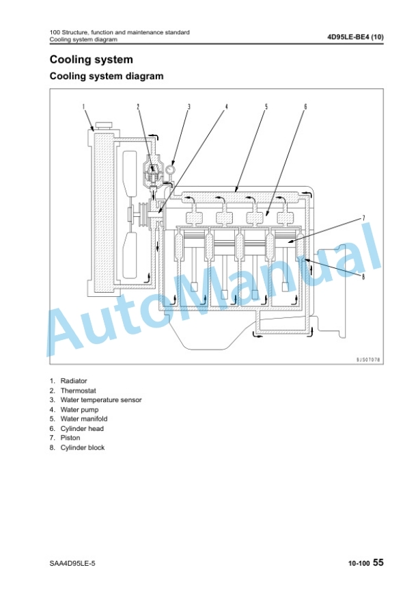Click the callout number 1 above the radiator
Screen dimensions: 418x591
pos(83,107)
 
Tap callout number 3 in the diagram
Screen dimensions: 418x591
pos(189,107)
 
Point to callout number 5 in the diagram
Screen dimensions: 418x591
pos(266,107)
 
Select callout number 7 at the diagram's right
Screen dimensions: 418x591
pos(363,218)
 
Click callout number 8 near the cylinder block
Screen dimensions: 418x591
pos(363,277)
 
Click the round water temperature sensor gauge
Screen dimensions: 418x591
pos(171,169)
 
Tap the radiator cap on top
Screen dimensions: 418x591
pos(104,125)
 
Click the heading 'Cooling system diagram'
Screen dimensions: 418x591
pos(107,76)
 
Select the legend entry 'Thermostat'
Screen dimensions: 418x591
pos(78,391)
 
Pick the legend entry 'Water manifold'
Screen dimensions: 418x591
pos(84,419)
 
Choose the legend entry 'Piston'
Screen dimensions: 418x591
pos(70,438)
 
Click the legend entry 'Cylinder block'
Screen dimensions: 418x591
pos(83,447)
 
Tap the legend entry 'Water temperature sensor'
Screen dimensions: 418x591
pos(101,400)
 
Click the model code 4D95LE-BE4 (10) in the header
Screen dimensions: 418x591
pos(355,37)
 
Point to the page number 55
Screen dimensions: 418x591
pos(378,562)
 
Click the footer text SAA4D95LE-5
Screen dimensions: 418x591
pos(72,564)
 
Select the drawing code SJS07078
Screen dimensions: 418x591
pos(368,360)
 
